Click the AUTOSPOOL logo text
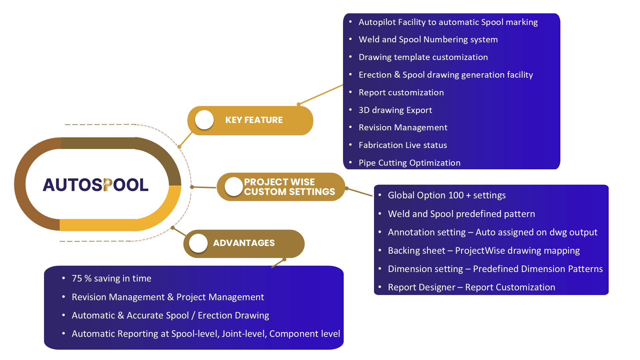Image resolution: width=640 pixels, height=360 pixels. tap(96, 185)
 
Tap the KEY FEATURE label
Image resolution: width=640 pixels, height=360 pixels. tap(254, 120)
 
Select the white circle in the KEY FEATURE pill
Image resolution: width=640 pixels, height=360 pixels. tap(204, 120)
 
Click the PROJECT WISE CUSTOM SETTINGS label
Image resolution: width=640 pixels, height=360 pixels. tap(289, 187)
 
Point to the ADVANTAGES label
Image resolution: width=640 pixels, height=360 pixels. tap(244, 243)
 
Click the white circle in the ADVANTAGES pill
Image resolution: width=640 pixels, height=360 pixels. tap(198, 243)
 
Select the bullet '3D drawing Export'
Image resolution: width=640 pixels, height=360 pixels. tap(395, 110)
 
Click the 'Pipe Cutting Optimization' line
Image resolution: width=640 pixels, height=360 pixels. tap(409, 163)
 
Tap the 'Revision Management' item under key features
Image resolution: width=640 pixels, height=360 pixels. tap(403, 127)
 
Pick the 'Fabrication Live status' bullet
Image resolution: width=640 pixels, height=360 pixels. tap(403, 145)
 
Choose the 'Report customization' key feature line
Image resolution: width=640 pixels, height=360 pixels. tap(401, 92)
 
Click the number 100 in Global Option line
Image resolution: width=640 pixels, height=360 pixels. tap(456, 195)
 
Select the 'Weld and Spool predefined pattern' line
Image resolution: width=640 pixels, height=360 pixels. tap(461, 214)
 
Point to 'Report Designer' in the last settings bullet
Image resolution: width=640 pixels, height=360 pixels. tap(421, 287)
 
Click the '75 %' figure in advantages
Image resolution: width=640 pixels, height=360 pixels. tap(82, 278)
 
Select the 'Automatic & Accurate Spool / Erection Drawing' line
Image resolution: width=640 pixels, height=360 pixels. tap(170, 315)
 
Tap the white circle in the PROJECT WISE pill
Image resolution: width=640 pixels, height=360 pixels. tap(233, 187)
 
